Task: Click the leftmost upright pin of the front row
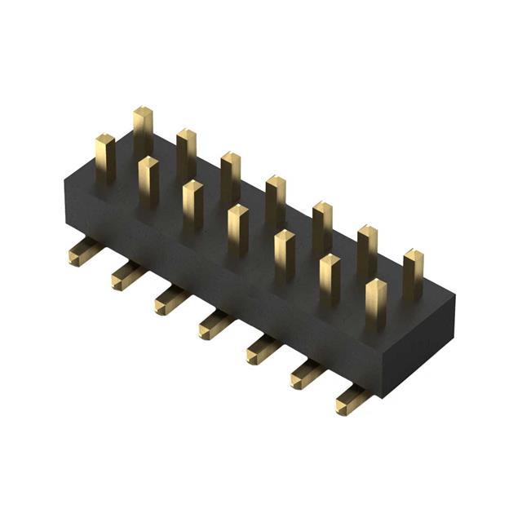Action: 104,158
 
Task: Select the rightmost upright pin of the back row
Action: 414,274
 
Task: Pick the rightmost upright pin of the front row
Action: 375,303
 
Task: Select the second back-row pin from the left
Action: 186,153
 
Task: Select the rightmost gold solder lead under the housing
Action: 352,400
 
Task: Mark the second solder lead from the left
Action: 126,275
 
